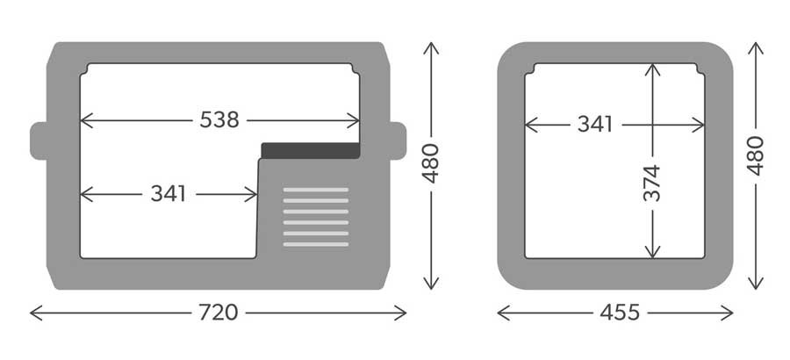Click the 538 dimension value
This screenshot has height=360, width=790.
(219, 120)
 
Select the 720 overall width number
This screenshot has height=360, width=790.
(219, 313)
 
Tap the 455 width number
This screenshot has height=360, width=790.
(620, 313)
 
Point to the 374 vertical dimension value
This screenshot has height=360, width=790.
(652, 183)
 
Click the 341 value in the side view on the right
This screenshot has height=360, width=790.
(595, 124)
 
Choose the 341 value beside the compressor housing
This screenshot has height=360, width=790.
(169, 194)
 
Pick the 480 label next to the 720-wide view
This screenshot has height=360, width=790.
(431, 163)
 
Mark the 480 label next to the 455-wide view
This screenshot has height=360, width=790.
(755, 155)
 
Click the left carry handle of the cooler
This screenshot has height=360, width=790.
(39, 140)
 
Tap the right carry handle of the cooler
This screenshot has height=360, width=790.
(398, 140)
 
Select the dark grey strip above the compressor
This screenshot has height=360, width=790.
(311, 150)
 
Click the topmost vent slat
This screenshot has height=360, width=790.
(316, 190)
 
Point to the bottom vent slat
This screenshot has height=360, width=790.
(316, 245)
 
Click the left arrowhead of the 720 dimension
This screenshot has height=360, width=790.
(36, 313)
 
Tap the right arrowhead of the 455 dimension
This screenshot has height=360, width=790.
(727, 313)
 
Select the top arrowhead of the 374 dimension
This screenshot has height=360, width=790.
(652, 69)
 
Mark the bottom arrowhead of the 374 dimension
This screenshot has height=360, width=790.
(652, 252)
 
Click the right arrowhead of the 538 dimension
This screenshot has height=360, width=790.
(353, 120)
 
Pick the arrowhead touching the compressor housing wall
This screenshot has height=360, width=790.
(251, 194)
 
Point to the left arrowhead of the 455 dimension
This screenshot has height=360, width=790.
(504, 313)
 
